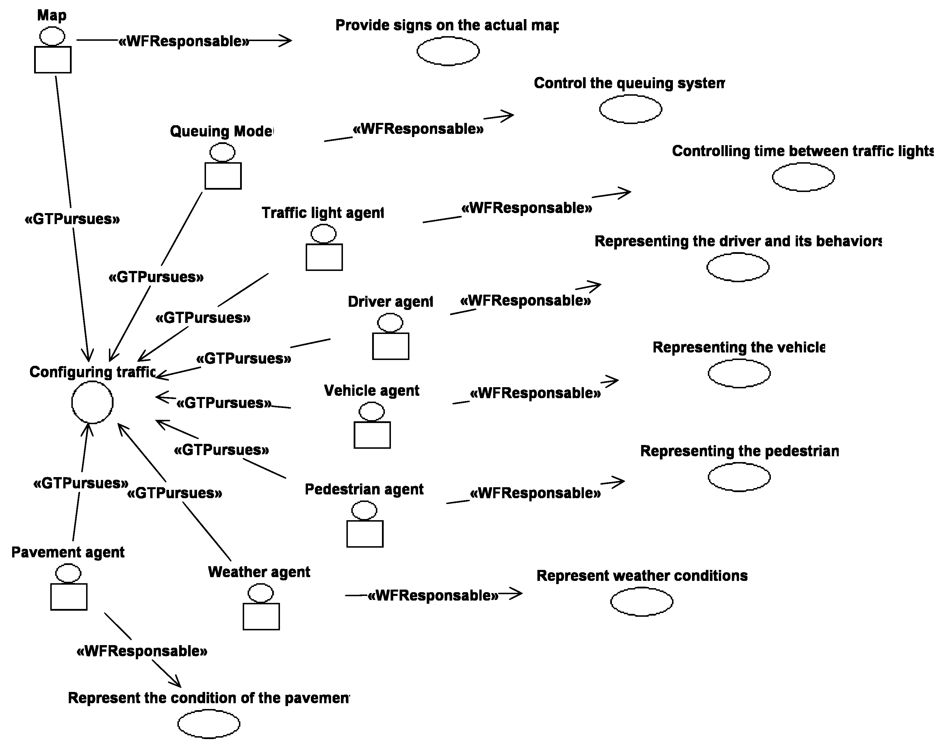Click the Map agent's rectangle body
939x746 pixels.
53,60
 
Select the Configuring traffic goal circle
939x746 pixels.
92,402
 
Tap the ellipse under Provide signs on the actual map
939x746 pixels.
448,51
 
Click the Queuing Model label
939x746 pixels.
221,131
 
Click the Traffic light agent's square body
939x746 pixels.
324,257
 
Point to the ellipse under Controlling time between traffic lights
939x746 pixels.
803,177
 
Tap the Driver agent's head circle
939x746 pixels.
390,323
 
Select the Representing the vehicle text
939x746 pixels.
739,347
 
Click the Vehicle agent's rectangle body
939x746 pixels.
372,435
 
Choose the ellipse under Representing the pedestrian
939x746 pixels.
739,477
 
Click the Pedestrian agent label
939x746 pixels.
364,489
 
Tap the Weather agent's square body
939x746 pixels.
261,616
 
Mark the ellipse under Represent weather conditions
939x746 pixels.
641,602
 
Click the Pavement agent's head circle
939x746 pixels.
68,573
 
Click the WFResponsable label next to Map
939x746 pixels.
184,41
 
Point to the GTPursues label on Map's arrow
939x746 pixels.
72,219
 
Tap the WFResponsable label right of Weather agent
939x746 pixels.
433,595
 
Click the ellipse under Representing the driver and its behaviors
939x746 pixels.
738,267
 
